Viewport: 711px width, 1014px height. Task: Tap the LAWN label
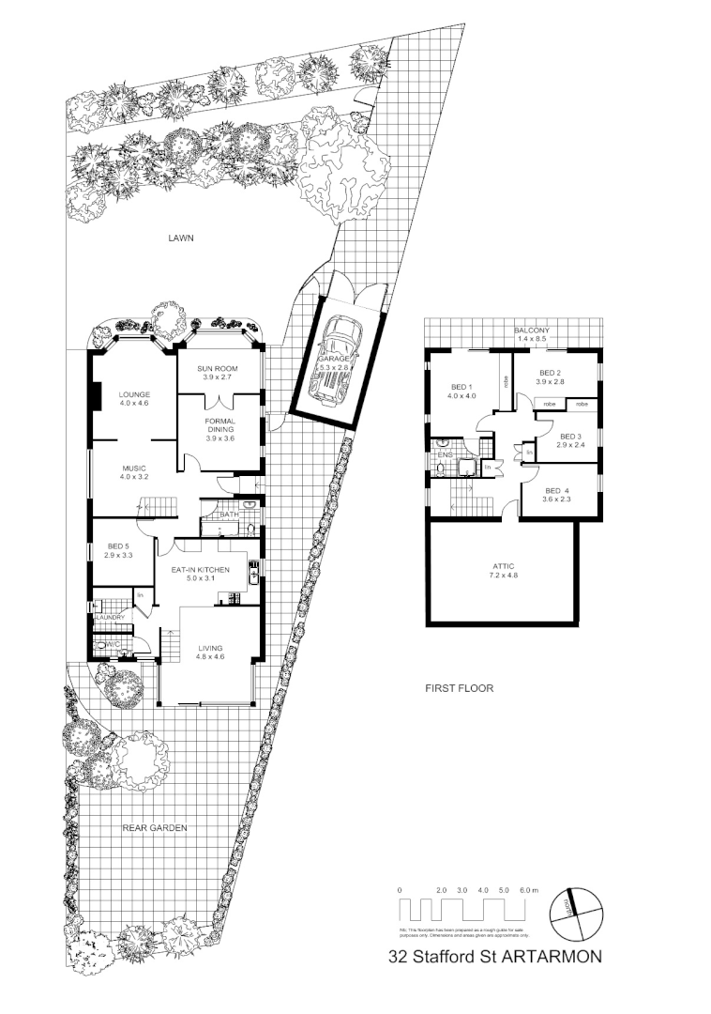[x=180, y=238]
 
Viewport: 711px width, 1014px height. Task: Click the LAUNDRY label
[x=110, y=617]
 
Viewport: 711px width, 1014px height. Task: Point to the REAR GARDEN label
[x=156, y=828]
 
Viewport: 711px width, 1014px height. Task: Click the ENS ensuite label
[x=445, y=456]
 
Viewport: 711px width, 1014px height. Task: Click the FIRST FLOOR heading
[x=459, y=688]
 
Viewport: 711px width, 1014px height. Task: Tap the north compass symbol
[x=574, y=912]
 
